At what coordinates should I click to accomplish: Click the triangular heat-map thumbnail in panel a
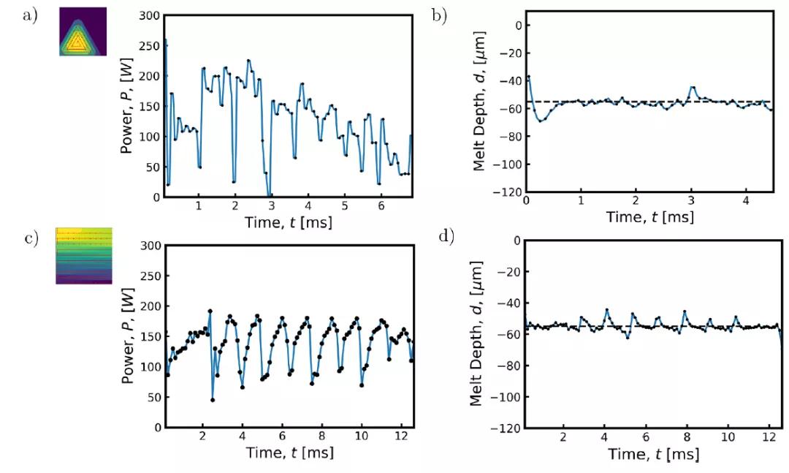(83, 32)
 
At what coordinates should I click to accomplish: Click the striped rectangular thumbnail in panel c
(85, 255)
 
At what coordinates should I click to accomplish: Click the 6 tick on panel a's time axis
(381, 207)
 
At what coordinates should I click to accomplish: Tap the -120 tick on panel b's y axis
(508, 196)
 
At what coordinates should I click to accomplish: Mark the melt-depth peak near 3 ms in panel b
(693, 87)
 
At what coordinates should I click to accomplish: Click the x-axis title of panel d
(653, 455)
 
